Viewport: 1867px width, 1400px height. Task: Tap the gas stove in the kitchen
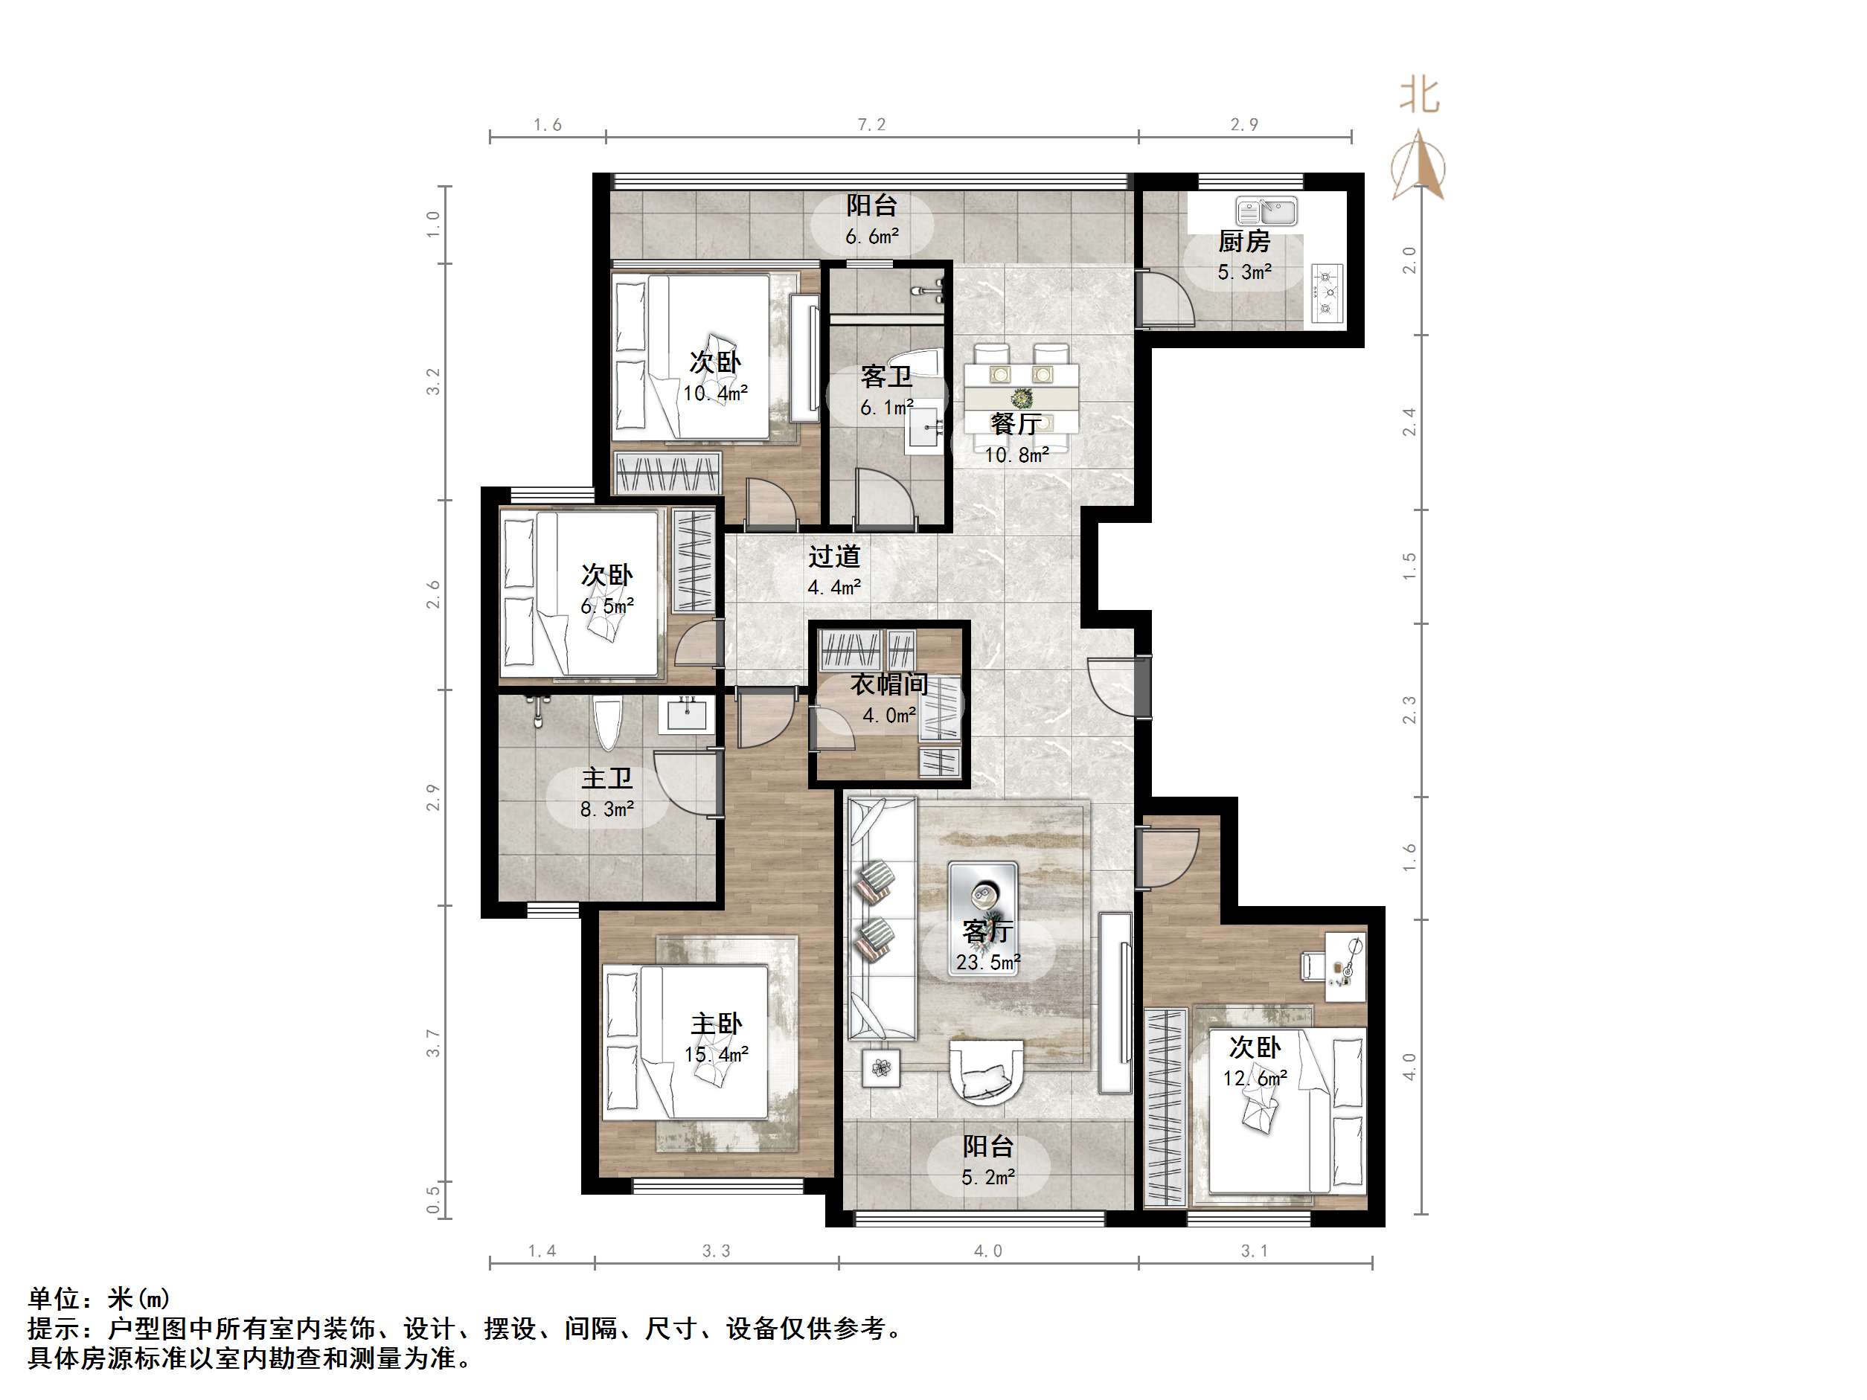tap(1327, 292)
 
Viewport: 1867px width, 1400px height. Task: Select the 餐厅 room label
tap(1016, 423)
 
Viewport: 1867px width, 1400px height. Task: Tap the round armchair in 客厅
tap(987, 1071)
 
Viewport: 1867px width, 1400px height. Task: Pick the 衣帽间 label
tap(888, 684)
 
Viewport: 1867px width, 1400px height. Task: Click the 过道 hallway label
tap(834, 556)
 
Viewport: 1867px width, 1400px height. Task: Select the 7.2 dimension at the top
tap(872, 125)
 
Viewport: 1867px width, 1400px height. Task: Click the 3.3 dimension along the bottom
tap(717, 1250)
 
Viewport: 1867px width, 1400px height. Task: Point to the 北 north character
tap(1420, 95)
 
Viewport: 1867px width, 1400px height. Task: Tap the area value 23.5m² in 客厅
tap(988, 962)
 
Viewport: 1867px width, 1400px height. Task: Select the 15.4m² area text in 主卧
tap(717, 1055)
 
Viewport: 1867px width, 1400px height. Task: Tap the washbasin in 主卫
tap(686, 715)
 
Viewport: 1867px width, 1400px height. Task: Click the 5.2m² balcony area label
tap(987, 1176)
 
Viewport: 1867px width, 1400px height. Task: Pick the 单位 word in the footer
tap(55, 1298)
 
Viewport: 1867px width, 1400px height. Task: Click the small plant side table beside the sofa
tap(881, 1067)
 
